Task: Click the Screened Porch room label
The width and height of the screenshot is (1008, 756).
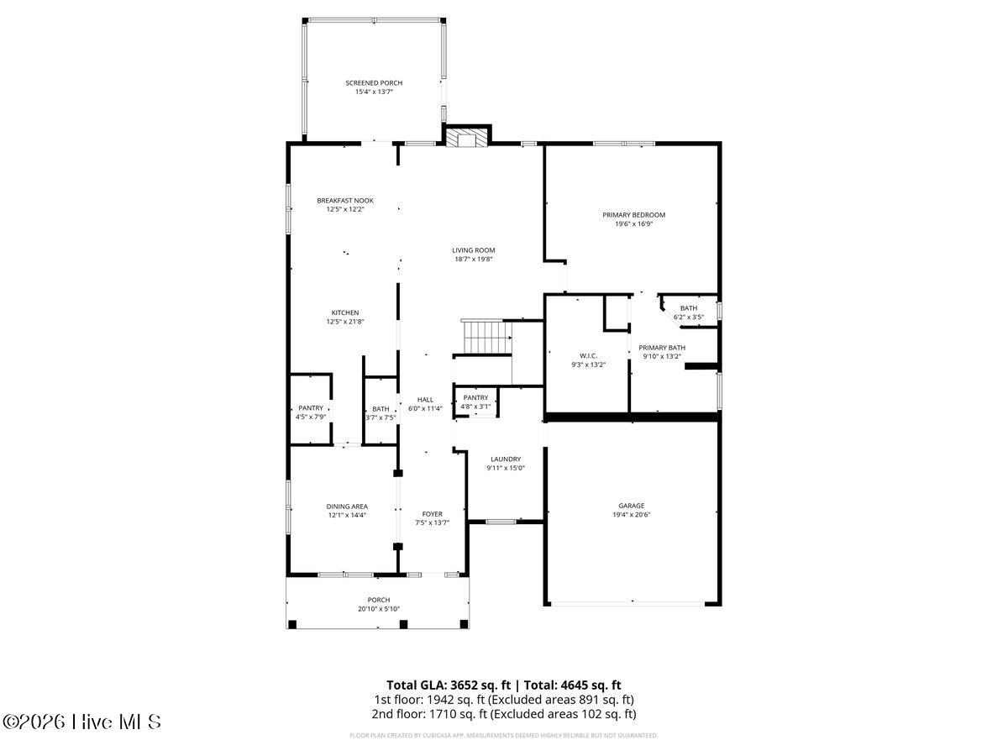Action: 374,83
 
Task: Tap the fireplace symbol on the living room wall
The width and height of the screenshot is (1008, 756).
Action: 467,138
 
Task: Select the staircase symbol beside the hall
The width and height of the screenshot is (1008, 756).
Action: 486,338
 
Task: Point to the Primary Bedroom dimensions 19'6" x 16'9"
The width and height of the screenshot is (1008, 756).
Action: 633,224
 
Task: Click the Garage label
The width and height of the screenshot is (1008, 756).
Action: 632,506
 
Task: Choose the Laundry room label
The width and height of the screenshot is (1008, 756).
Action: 506,459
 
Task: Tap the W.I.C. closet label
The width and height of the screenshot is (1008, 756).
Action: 588,355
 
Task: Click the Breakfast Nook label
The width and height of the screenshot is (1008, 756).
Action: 345,201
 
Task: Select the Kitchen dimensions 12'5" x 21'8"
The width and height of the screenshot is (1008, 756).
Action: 345,322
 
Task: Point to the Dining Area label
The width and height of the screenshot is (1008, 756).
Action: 347,507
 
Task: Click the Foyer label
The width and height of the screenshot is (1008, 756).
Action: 432,514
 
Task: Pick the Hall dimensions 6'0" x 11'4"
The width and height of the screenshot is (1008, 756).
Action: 425,408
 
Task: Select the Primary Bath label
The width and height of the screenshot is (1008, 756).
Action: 662,348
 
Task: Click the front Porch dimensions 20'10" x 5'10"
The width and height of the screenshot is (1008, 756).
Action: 379,609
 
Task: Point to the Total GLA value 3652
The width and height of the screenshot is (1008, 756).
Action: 465,685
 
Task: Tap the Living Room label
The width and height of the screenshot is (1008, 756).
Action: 474,250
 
